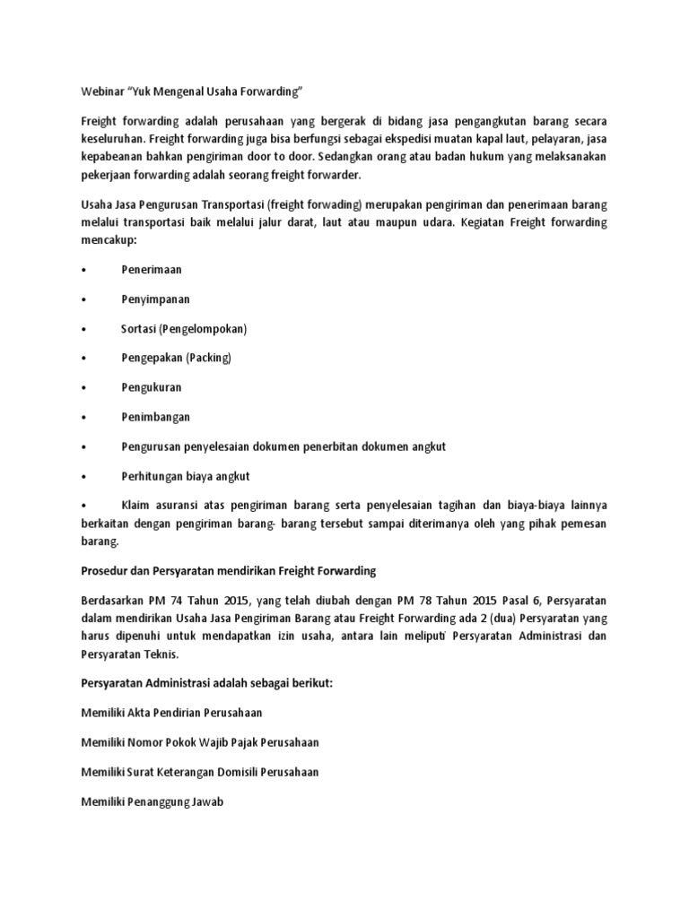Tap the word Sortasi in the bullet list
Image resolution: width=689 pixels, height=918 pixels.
click(x=138, y=328)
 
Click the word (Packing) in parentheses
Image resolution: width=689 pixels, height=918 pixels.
click(x=208, y=358)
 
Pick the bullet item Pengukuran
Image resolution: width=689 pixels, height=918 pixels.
click(x=152, y=387)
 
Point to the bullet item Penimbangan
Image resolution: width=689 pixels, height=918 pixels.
click(x=155, y=417)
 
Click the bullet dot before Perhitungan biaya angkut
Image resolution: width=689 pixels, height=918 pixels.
click(x=83, y=476)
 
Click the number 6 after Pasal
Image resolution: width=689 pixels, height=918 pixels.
click(x=505, y=600)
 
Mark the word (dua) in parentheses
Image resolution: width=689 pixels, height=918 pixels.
click(x=486, y=617)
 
